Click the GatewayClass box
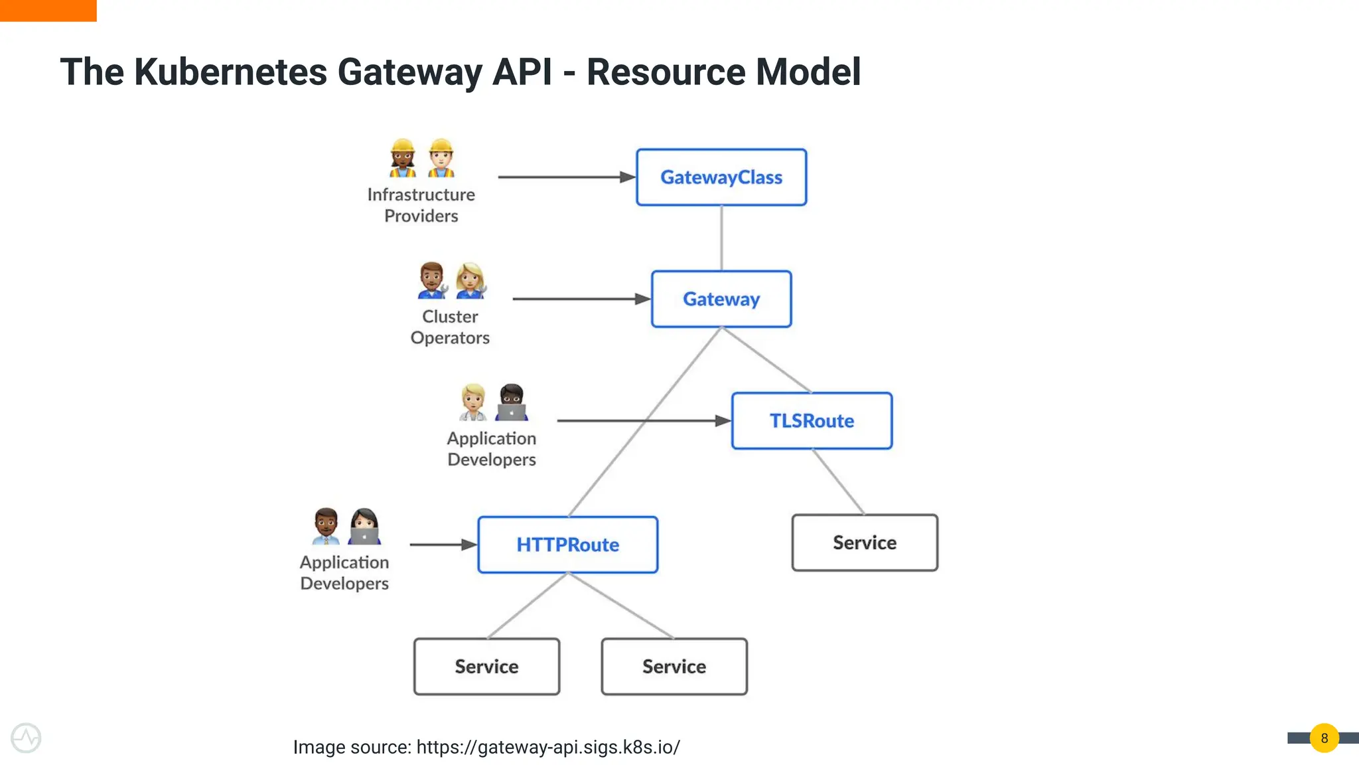coord(721,177)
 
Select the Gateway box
coord(721,299)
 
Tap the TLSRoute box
coord(812,421)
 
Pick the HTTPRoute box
coord(568,545)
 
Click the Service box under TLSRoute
coord(865,543)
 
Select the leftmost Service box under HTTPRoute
coord(486,667)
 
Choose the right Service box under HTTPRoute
coord(674,667)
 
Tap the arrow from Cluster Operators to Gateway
coord(581,299)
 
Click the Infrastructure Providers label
coord(421,205)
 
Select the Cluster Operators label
coord(450,327)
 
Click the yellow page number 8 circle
coord(1324,738)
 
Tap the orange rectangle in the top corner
coord(48,10)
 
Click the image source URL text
coord(548,747)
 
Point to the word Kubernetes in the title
coord(230,72)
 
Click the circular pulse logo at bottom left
coord(26,738)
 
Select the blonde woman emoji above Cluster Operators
coord(470,280)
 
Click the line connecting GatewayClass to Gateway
coord(721,238)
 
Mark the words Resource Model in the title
coord(723,72)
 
